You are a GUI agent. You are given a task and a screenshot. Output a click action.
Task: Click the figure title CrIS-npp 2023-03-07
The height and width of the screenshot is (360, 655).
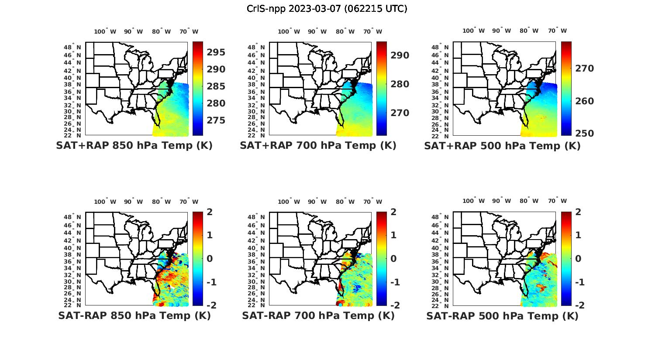(x=327, y=8)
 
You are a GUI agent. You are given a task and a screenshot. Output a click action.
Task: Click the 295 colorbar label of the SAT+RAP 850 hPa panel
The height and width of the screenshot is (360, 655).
(x=216, y=52)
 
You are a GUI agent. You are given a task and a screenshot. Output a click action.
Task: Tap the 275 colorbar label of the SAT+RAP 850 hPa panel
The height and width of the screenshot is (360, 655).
(x=216, y=120)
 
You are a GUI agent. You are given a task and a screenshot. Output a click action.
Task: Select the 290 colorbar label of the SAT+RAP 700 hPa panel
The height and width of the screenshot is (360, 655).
(x=400, y=55)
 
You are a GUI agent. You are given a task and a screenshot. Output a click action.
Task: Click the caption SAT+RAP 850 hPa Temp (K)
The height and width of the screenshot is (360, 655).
(x=134, y=146)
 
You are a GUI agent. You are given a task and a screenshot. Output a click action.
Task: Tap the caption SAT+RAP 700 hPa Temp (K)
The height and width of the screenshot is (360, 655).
(x=318, y=146)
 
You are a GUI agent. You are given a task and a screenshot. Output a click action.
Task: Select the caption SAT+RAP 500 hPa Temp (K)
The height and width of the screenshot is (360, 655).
(x=502, y=146)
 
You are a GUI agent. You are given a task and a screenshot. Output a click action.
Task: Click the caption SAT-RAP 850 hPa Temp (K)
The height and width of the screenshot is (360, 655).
(x=134, y=315)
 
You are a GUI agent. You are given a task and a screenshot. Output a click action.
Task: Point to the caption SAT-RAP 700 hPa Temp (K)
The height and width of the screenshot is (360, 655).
(x=318, y=315)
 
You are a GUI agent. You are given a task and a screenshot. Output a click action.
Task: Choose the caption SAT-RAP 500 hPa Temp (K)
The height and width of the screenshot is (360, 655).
(x=502, y=316)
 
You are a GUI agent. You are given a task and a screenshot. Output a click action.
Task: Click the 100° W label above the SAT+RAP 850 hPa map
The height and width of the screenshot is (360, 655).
(x=105, y=31)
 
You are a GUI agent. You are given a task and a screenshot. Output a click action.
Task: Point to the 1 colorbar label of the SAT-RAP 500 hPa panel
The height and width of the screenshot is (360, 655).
(x=578, y=235)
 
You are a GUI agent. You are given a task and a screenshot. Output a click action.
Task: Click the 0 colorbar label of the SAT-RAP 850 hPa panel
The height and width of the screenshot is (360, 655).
(x=210, y=259)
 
